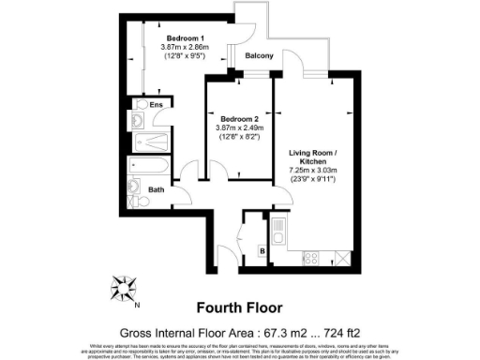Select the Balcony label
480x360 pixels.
tap(259, 56)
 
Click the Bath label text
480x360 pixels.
tap(157, 189)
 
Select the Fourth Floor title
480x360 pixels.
tap(239, 307)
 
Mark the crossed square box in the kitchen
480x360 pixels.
tap(343, 257)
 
